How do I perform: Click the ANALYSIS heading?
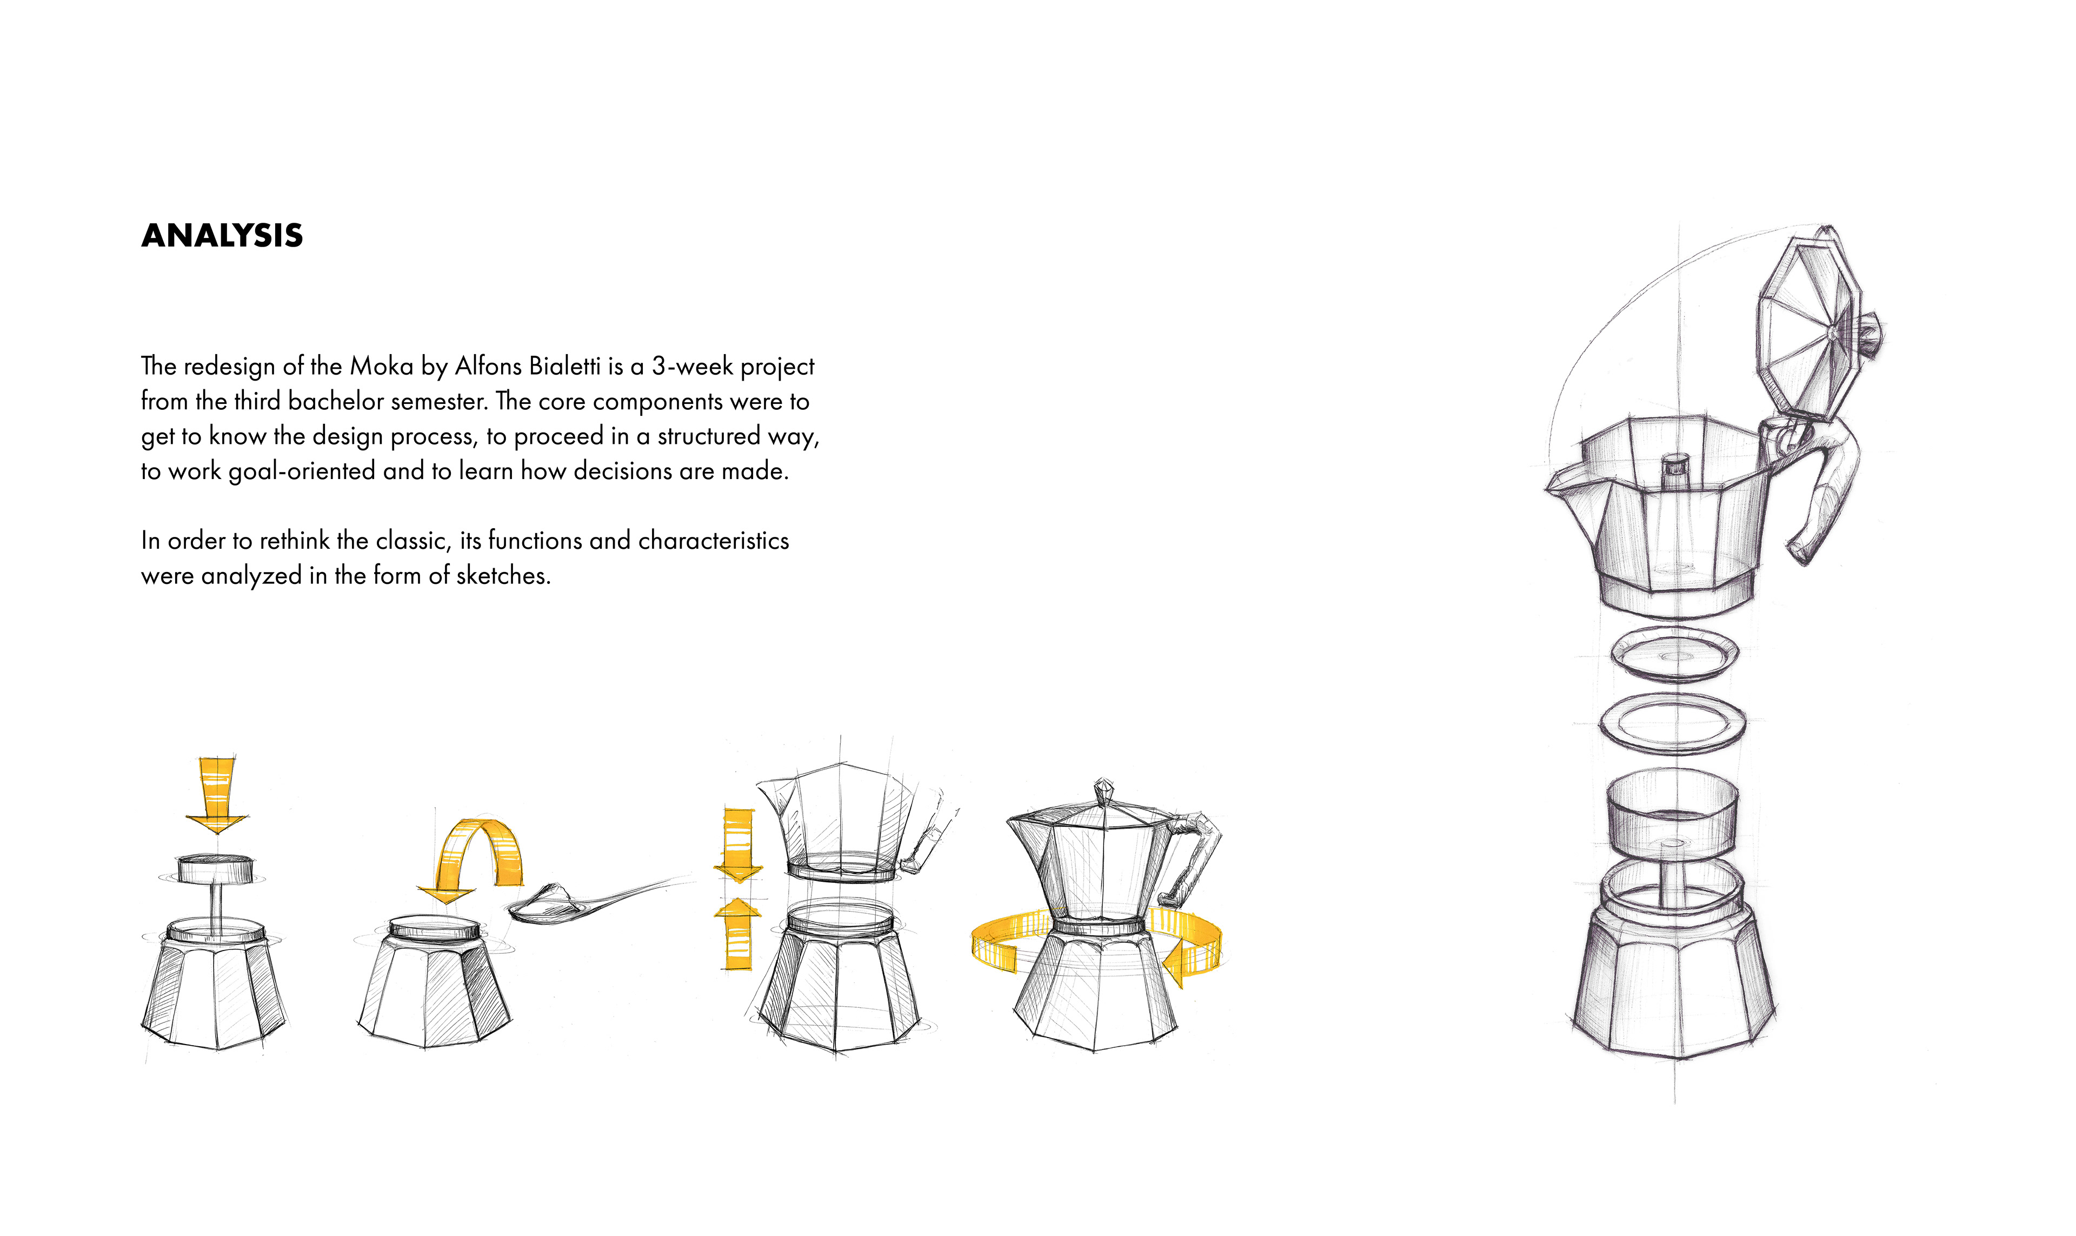(x=222, y=236)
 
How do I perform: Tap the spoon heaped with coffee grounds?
(x=583, y=903)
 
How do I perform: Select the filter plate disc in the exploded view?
(x=1674, y=653)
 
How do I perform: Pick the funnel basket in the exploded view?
(x=1672, y=833)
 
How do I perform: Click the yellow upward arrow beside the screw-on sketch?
(x=738, y=933)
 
